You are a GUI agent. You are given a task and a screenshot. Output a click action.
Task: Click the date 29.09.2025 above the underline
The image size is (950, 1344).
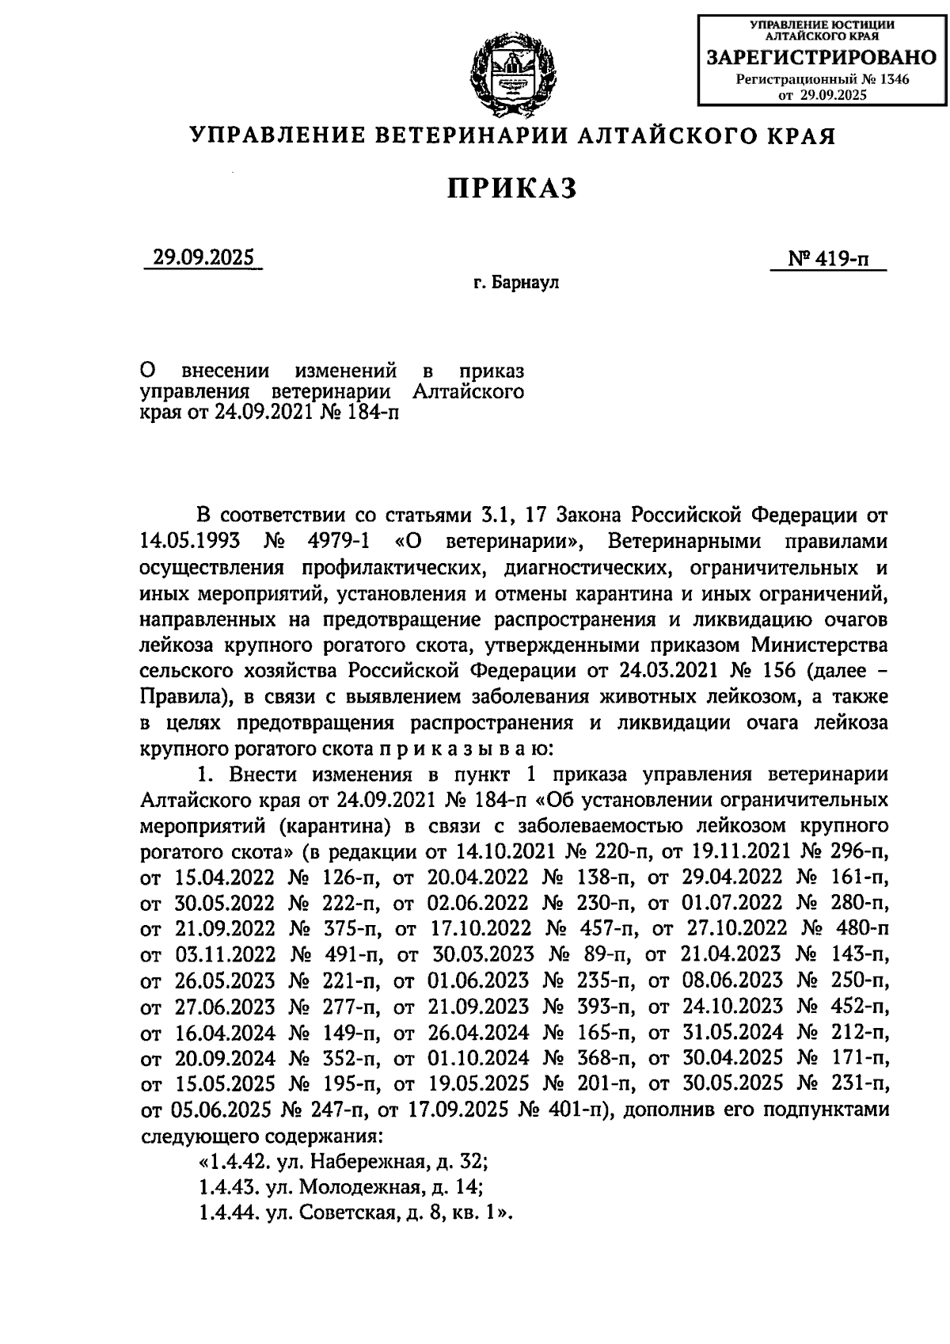tap(203, 258)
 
